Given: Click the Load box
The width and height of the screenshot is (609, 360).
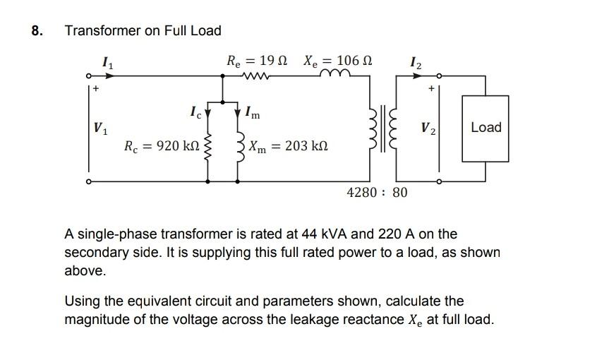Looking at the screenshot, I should (x=486, y=128).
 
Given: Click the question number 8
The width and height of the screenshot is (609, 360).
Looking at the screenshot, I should (x=37, y=31).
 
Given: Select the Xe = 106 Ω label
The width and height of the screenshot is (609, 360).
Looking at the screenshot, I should (x=338, y=61).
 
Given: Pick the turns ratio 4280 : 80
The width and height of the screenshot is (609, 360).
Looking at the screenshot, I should (x=377, y=192).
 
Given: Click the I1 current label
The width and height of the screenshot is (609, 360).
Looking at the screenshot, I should (x=107, y=64).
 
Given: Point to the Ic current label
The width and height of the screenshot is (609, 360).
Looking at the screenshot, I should (x=195, y=111).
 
